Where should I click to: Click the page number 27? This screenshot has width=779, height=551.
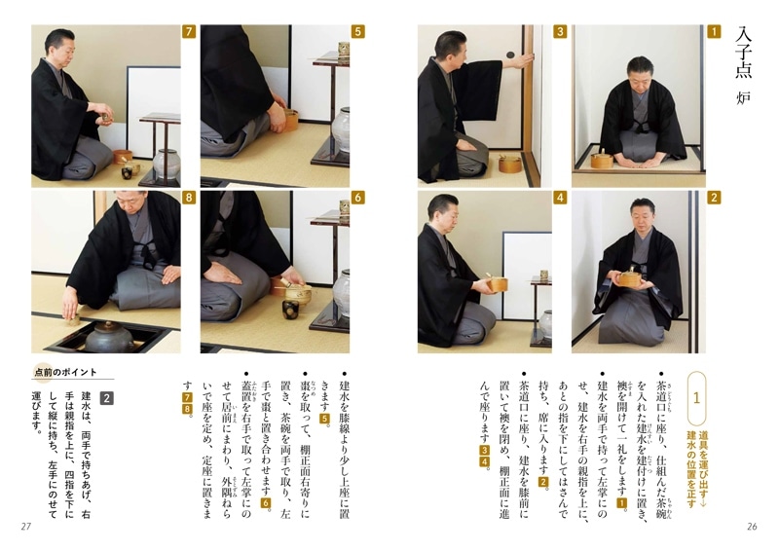(x=26, y=527)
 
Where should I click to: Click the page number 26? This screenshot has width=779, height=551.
(x=751, y=527)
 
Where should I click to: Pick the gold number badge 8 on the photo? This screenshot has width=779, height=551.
(x=189, y=198)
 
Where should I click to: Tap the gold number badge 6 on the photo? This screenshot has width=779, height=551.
(x=357, y=198)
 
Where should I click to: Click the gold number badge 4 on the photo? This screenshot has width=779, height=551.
(x=560, y=198)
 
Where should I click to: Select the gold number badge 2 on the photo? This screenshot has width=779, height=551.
(x=714, y=198)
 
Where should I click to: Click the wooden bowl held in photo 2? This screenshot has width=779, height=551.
(x=630, y=279)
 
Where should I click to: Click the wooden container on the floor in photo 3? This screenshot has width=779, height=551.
(x=510, y=163)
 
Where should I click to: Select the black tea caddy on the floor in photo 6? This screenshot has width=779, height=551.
(x=290, y=311)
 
